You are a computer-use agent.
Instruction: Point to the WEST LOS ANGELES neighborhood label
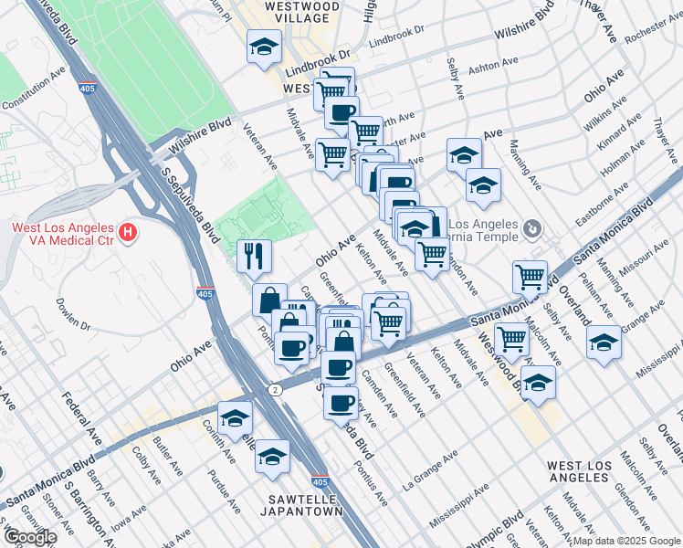[591, 472]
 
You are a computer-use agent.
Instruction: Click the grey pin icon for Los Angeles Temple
[534, 227]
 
